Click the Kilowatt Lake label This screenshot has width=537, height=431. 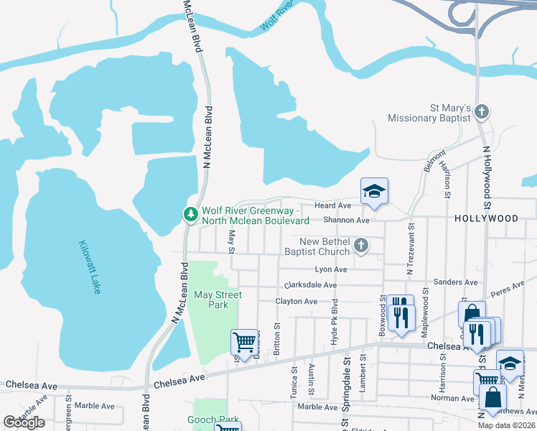(90, 267)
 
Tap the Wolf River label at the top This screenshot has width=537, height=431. (279, 16)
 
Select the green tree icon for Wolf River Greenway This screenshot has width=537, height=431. (190, 215)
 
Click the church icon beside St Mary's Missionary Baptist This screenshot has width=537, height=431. (482, 112)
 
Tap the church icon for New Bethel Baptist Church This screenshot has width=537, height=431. (361, 246)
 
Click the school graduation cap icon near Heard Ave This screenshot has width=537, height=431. (374, 191)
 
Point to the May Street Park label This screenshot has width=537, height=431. (218, 300)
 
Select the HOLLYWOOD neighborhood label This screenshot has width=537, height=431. (485, 218)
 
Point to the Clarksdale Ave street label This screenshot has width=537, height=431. (310, 285)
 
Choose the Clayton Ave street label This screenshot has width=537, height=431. (296, 302)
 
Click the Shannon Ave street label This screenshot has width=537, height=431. (345, 221)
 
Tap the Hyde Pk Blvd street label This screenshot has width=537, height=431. (334, 324)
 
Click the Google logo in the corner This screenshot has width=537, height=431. (24, 422)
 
